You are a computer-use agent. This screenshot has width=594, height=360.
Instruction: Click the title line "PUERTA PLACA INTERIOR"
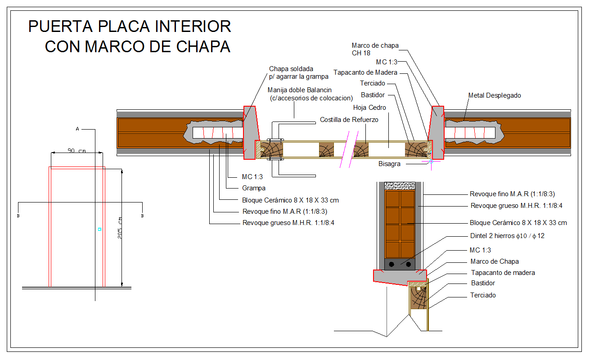130,27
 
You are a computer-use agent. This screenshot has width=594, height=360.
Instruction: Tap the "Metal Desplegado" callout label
494,95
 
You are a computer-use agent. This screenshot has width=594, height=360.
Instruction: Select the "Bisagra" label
389,164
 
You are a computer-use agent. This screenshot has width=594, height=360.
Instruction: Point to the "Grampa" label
254,188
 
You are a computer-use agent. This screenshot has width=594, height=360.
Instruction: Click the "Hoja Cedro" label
369,108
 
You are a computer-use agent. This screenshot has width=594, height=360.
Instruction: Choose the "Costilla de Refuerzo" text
349,120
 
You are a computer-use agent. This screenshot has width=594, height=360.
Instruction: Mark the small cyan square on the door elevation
99,229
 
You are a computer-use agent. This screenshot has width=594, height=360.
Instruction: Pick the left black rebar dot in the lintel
392,264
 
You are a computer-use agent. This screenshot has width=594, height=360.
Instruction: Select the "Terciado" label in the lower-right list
483,295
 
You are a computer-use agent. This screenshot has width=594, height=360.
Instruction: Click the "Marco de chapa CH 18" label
375,49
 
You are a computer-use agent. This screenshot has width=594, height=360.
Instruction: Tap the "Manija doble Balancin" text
299,90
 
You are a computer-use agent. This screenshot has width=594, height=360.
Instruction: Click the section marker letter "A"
77,129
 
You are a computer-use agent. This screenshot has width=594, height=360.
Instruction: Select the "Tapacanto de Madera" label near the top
365,72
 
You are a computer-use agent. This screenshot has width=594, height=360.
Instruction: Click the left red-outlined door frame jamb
250,132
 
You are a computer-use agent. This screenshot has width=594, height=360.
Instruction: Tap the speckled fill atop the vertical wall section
399,185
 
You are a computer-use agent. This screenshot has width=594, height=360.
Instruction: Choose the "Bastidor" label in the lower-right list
482,283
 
